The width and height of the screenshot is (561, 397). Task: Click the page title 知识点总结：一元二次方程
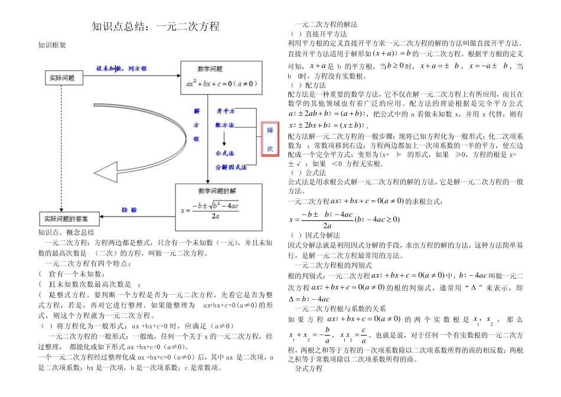pos(156,27)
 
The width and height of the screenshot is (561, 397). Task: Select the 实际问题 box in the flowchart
pos(61,77)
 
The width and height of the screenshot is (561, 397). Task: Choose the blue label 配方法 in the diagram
pos(225,125)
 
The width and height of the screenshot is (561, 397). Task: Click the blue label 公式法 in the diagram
pos(225,153)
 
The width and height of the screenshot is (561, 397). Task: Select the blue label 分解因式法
pos(231,167)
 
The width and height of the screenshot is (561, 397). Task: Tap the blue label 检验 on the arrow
pos(129,210)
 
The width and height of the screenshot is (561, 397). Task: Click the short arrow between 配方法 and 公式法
pos(224,139)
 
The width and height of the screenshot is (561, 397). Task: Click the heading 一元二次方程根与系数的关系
pos(340,308)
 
